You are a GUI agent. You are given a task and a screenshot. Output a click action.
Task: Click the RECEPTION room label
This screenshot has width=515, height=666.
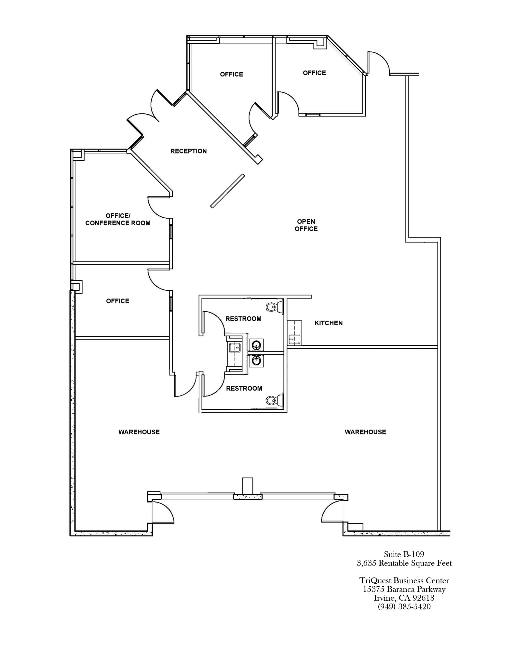(x=188, y=151)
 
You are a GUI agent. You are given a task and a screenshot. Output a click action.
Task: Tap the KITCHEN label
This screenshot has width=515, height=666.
(x=328, y=323)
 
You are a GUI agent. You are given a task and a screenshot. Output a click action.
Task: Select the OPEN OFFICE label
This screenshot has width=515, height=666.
(x=306, y=225)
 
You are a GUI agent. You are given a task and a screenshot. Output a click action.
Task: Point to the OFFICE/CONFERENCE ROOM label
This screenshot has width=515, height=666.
(x=118, y=220)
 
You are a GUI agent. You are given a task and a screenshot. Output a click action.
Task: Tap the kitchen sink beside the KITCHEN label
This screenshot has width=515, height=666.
(x=294, y=340)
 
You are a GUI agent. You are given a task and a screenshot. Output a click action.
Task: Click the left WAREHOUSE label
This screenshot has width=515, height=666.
(x=139, y=432)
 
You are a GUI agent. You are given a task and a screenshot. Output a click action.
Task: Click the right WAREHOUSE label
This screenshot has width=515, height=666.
(x=365, y=432)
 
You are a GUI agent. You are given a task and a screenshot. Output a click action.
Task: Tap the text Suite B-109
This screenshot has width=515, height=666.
(x=404, y=554)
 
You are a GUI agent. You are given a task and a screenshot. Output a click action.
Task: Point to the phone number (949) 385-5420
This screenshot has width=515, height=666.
(x=404, y=606)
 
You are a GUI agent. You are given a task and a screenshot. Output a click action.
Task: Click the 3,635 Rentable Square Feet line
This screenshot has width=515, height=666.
(x=404, y=563)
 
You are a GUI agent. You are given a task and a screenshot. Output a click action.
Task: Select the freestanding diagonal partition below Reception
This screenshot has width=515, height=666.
(x=227, y=191)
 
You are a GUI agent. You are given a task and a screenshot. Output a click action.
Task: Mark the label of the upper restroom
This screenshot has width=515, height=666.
(x=243, y=319)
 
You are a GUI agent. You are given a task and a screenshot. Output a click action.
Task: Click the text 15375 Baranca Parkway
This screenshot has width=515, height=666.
(x=404, y=589)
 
